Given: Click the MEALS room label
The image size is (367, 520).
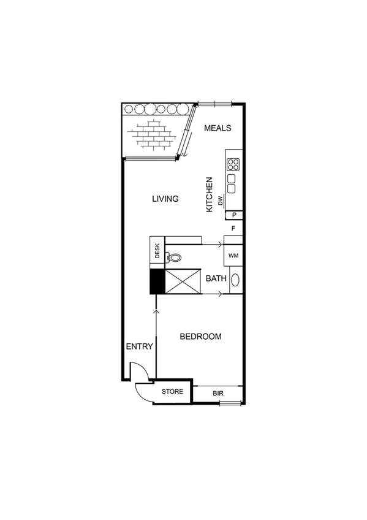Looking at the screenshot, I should pos(217,128).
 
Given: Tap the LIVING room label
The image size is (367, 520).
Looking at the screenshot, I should pos(164,199).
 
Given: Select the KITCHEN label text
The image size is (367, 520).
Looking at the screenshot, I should pos(209,194).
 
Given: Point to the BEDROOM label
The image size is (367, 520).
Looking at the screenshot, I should pos(200,337).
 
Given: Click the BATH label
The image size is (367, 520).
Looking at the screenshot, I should pos(216,278).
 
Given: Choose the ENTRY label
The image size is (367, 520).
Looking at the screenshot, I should pos(139,346).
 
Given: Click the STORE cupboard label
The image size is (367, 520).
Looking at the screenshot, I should pos(172,391).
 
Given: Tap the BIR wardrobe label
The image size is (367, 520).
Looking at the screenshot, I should pos(218,392).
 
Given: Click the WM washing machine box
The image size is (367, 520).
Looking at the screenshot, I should pos(233,255).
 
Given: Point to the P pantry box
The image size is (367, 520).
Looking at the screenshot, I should pos(234,215).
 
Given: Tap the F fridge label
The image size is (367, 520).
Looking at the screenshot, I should pos(233,229).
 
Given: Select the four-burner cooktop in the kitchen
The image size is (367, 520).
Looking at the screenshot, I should pos(233,164).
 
